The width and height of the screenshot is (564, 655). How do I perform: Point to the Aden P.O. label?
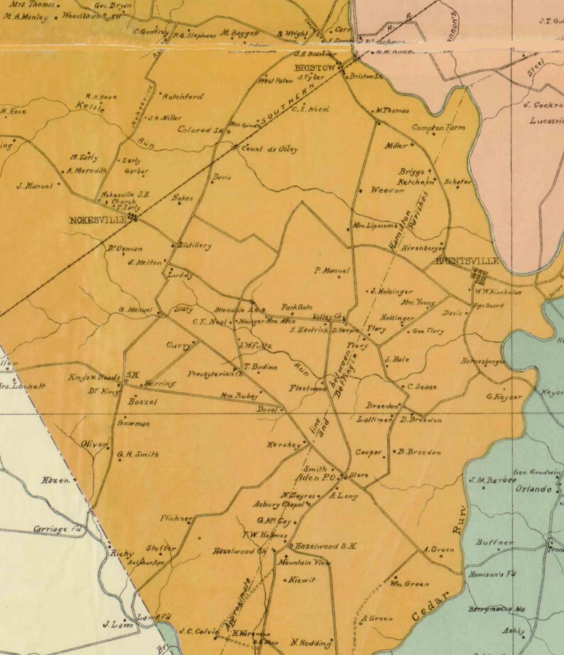point(319,478)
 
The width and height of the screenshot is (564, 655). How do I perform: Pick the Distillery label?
point(195,246)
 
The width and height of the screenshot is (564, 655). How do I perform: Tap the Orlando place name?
point(534,489)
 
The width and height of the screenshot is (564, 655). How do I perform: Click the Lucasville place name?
point(546,121)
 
